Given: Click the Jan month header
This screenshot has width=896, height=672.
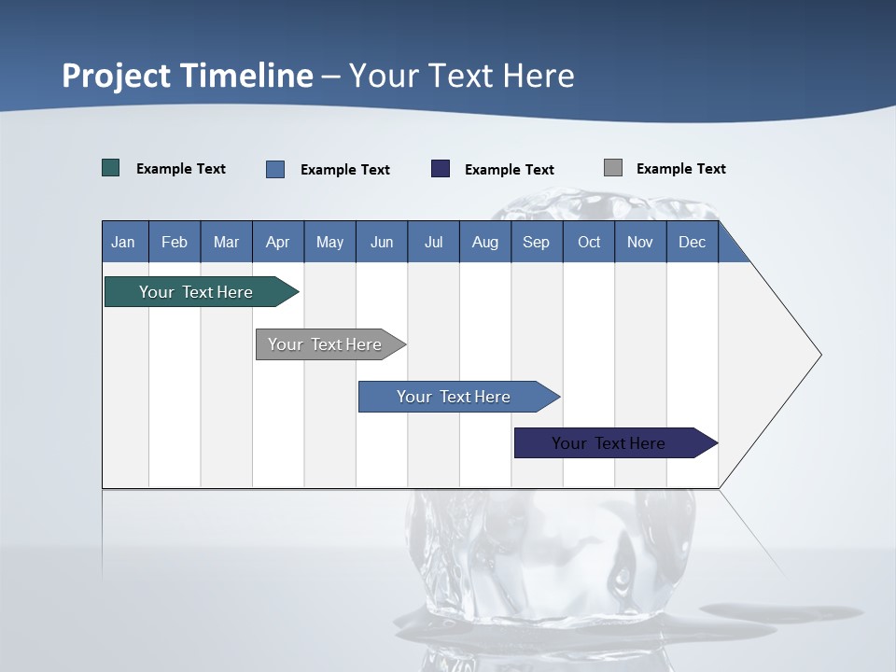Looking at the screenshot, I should (x=123, y=242).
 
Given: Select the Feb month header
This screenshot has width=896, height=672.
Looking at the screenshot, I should (x=175, y=242).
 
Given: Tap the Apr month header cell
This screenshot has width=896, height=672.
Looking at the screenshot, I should (x=278, y=242).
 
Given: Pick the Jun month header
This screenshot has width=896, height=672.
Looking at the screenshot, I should (x=382, y=242).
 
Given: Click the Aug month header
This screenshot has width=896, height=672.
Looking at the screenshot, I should (x=485, y=242).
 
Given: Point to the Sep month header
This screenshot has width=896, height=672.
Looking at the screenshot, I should (x=537, y=242).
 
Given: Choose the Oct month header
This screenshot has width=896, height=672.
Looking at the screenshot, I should (x=589, y=242).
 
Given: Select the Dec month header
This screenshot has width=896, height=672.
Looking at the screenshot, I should (x=693, y=242).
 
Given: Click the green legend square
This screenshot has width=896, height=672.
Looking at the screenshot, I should (x=111, y=168).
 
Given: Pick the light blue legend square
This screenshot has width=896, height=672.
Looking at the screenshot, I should (x=275, y=169).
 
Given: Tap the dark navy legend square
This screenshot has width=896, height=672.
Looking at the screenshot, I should (x=441, y=168).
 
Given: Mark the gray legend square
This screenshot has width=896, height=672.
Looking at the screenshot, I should (x=613, y=168).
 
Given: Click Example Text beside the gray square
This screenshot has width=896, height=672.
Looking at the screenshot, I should (x=680, y=169).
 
